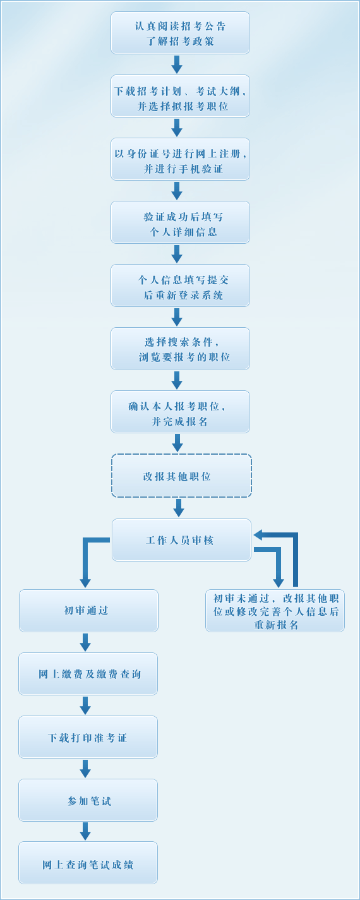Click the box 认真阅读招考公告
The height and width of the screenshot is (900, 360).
pyautogui.click(x=180, y=33)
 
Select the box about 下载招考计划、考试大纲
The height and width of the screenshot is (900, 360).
pyautogui.click(x=180, y=96)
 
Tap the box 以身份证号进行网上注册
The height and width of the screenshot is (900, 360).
pyautogui.click(x=180, y=159)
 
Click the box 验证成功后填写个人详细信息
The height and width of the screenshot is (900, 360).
pyautogui.click(x=180, y=222)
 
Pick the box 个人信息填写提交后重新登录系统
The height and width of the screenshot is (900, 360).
pyautogui.click(x=180, y=285)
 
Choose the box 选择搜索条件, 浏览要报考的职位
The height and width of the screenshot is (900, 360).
pyautogui.click(x=180, y=349)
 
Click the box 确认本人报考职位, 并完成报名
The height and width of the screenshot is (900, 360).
pyautogui.click(x=180, y=412)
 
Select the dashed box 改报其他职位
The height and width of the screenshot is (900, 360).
pyautogui.click(x=181, y=476)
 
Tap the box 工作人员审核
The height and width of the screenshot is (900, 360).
pyautogui.click(x=181, y=540)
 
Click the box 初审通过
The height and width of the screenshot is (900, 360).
pyautogui.click(x=88, y=611)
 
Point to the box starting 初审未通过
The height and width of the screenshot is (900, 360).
pyautogui.click(x=275, y=611)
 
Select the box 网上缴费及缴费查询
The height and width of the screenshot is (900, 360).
pyautogui.click(x=88, y=674)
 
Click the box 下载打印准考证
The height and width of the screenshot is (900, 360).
pyautogui.click(x=88, y=737)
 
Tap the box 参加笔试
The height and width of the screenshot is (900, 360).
pyautogui.click(x=88, y=800)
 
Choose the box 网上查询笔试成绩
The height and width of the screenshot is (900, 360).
pyautogui.click(x=88, y=863)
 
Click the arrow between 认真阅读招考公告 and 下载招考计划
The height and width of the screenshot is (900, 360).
pyautogui.click(x=177, y=64)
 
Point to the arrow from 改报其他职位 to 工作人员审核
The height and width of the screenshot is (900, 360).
pyautogui.click(x=179, y=508)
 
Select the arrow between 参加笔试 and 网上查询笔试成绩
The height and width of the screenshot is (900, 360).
pyautogui.click(x=85, y=831)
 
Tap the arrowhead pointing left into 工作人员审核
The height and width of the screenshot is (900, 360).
pyautogui.click(x=259, y=535)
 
